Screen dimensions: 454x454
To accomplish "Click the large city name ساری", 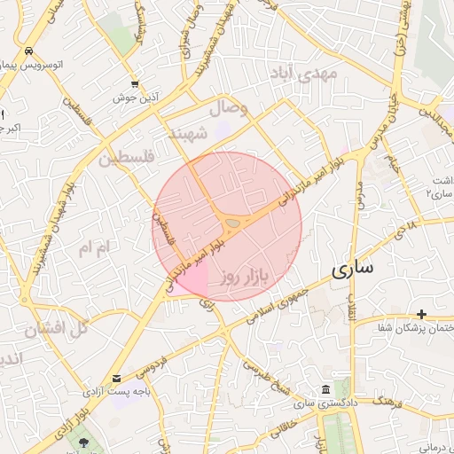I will click(x=352, y=270).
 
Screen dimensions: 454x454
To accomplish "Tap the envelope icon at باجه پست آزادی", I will click(x=117, y=377).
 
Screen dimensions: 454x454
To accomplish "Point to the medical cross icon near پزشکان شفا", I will click(x=421, y=314).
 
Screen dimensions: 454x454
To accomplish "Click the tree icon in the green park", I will click(x=83, y=441).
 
